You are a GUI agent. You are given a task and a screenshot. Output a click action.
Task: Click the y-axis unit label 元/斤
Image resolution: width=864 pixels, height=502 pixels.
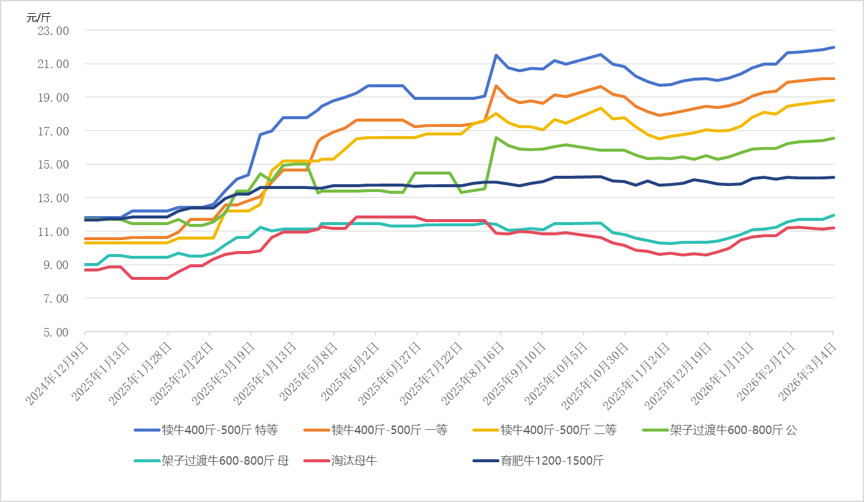coord(35,17)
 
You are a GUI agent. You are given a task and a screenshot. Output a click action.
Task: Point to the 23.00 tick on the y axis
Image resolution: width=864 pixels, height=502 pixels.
coord(54,30)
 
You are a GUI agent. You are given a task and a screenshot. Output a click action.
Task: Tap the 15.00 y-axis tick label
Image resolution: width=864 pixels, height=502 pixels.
coord(54,164)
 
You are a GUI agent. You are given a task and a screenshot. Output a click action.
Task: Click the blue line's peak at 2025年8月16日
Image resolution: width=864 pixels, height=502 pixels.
coord(496,55)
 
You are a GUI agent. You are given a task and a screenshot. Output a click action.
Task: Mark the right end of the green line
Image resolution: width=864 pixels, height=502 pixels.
coord(833,138)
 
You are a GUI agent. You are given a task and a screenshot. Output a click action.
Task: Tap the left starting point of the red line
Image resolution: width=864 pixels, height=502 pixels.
coord(85,270)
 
